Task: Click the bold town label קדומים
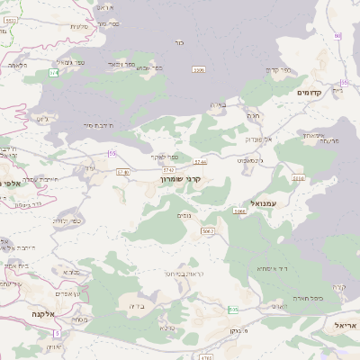pos(309,92)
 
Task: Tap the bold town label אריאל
pos(346,325)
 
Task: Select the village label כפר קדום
pos(278,70)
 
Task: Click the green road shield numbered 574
pos(54,72)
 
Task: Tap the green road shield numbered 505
pos(233,310)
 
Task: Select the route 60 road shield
pos(337,35)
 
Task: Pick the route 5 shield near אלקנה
pos(56,333)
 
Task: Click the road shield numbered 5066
pos(239,211)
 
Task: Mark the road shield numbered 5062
pos(208,231)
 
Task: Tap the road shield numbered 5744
pos(200,162)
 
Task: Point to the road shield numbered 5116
pos(299,178)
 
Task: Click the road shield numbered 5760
pos(123,171)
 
